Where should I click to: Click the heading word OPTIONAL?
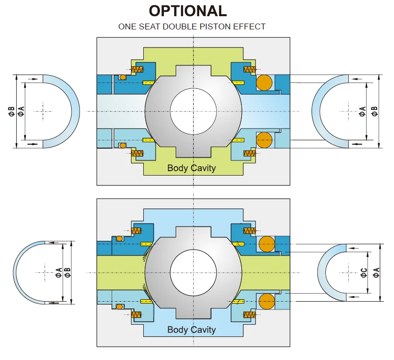click(188, 11)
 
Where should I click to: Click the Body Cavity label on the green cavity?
click(191, 168)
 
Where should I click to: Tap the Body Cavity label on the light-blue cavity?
click(191, 330)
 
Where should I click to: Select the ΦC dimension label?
click(363, 273)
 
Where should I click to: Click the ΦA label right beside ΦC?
click(376, 273)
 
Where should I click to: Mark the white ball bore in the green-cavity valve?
click(193, 111)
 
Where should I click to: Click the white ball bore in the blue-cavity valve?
click(193, 273)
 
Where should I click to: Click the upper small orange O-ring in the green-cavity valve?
click(123, 77)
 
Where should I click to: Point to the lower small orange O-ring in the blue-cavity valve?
click(119, 306)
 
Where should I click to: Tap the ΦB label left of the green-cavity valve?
click(11, 111)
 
